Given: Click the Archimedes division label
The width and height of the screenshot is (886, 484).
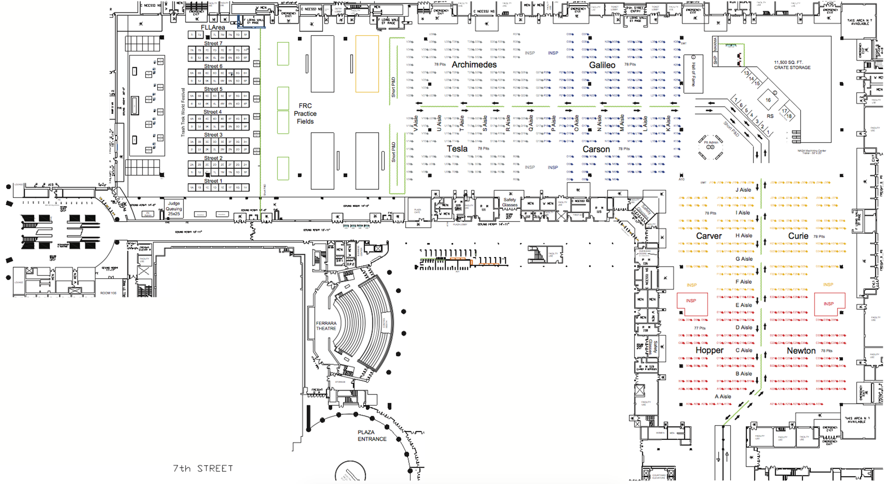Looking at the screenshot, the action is (x=474, y=65).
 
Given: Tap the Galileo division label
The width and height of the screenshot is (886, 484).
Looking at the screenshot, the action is (x=602, y=65).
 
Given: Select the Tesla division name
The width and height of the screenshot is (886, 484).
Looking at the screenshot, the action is (x=457, y=149).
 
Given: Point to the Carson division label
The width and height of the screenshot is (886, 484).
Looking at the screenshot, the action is (x=596, y=150).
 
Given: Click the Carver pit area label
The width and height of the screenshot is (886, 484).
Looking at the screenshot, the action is (x=709, y=236).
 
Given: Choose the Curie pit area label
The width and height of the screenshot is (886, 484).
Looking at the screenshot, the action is (x=798, y=236).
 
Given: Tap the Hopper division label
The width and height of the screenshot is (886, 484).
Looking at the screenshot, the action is (x=709, y=350).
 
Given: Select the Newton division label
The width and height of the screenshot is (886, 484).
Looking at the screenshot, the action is (x=801, y=351).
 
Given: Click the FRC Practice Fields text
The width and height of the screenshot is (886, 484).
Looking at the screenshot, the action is (x=305, y=114).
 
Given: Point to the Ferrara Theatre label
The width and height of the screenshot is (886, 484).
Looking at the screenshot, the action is (x=326, y=326).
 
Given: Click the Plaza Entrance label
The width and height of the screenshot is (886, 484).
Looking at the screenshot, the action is (x=372, y=436).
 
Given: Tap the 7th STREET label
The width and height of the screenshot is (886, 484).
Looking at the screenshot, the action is (x=203, y=469).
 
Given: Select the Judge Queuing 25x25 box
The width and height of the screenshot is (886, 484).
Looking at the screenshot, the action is (x=174, y=209).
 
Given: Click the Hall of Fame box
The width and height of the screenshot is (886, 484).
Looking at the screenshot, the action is (x=693, y=74).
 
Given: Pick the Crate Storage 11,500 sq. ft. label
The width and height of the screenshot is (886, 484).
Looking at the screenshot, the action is (x=792, y=65).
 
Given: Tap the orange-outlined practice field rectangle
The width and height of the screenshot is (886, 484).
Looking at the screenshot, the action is (x=367, y=64).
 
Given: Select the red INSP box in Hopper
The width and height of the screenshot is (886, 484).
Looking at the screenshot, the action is (x=692, y=303).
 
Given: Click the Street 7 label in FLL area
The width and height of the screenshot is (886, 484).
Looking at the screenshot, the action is (x=213, y=44).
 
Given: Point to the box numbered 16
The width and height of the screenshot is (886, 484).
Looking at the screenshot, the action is (x=768, y=100).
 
